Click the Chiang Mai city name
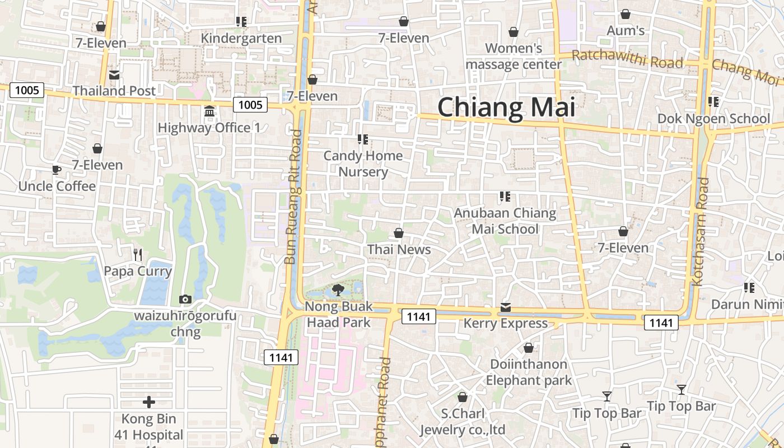click(x=506, y=107)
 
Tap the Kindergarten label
click(x=241, y=38)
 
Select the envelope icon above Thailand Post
click(x=114, y=75)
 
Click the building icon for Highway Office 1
click(x=209, y=111)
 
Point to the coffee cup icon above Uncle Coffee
click(x=56, y=170)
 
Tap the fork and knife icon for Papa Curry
click(x=138, y=255)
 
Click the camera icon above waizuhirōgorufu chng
click(x=185, y=300)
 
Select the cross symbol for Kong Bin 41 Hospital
click(x=149, y=402)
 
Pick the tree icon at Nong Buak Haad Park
click(x=338, y=290)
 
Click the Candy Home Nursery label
click(x=363, y=164)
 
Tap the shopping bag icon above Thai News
click(x=399, y=233)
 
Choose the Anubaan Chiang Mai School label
click(x=505, y=221)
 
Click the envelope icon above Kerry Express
click(x=506, y=307)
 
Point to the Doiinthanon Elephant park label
click(x=529, y=372)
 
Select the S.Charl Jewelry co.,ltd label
click(x=463, y=422)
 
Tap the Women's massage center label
click(x=514, y=56)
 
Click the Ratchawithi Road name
click(x=627, y=58)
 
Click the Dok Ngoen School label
click(x=713, y=119)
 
